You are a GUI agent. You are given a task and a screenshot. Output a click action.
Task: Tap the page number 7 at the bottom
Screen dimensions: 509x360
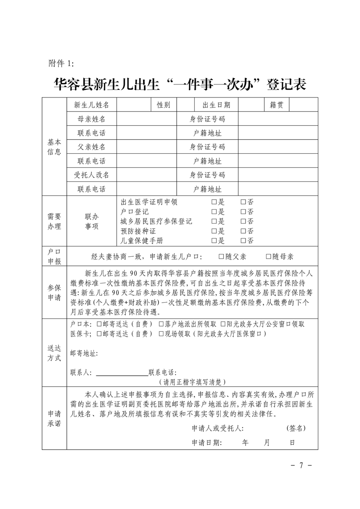[299, 465]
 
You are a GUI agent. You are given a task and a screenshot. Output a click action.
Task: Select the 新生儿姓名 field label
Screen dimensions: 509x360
[92, 105]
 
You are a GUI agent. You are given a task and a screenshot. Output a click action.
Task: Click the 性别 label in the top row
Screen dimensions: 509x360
[163, 105]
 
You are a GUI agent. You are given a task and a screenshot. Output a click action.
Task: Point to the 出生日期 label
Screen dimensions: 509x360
[216, 105]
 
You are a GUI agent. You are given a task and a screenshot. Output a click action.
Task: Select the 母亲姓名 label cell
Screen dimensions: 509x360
[92, 119]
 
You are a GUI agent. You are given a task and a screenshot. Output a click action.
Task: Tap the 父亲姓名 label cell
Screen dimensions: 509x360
[92, 147]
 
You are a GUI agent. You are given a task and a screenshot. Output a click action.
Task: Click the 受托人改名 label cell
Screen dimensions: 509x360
[92, 175]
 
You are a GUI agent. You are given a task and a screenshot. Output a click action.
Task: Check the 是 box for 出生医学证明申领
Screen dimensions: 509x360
[214, 202]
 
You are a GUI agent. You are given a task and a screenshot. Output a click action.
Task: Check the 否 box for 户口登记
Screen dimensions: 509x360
[243, 211]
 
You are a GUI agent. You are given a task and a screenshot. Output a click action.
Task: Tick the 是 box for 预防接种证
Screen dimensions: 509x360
[214, 231]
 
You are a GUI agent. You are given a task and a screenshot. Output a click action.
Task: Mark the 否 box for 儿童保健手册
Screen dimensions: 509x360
[243, 240]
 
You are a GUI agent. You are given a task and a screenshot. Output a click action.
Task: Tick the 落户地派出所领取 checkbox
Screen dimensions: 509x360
[161, 324]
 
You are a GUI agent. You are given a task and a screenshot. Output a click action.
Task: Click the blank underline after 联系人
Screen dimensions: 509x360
[122, 372]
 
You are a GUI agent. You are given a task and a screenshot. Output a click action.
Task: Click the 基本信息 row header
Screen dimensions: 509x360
[54, 147]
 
